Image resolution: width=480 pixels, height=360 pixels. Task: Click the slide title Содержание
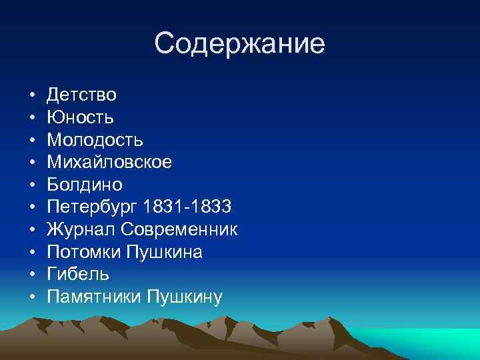(239, 44)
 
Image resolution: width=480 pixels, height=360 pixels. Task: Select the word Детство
(82, 95)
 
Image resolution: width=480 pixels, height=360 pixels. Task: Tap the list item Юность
(81, 118)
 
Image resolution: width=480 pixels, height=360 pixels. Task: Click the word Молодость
(95, 141)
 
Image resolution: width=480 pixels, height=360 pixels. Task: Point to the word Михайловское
(109, 163)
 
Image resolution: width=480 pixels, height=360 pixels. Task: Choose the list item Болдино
(85, 185)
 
